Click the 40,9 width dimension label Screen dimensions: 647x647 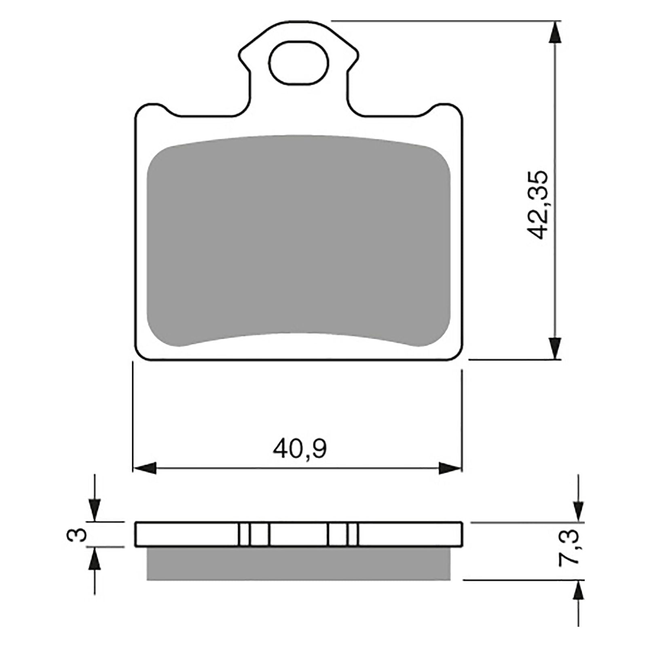[x=299, y=449]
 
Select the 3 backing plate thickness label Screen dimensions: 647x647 [x=81, y=535]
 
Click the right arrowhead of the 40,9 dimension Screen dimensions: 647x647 [x=450, y=468]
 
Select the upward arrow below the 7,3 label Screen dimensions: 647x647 [x=579, y=592]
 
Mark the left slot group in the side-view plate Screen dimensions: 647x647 [x=254, y=535]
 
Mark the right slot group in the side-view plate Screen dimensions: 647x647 [x=343, y=535]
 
